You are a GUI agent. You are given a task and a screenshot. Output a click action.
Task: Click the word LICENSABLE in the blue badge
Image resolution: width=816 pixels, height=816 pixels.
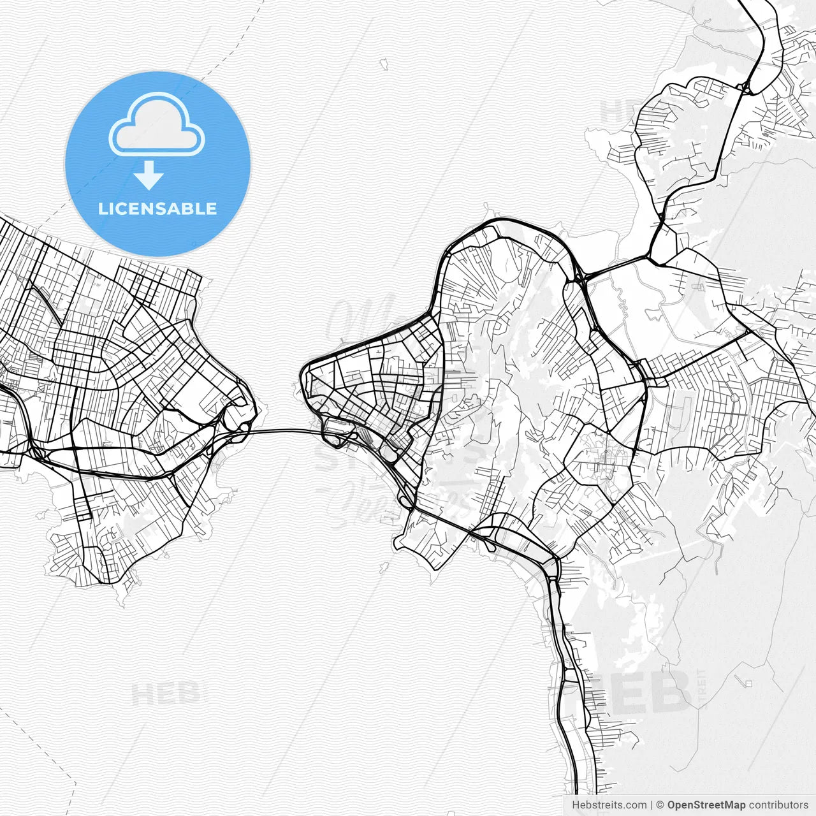click(157, 208)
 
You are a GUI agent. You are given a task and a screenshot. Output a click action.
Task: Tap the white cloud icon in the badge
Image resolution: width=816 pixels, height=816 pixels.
click(156, 125)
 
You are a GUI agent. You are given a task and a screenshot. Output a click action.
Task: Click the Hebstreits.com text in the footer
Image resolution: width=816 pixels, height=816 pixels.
click(609, 805)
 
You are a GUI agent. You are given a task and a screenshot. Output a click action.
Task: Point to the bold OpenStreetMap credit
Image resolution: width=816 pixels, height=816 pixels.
click(706, 805)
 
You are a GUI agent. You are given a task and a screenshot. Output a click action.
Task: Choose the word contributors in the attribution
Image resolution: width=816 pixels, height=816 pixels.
click(778, 805)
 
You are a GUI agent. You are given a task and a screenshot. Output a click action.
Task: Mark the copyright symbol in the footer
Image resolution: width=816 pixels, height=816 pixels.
click(660, 805)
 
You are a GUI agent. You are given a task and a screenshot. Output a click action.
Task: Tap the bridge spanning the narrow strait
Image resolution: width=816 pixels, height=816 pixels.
click(280, 431)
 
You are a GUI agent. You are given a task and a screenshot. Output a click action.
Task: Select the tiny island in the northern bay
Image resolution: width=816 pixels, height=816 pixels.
click(384, 64)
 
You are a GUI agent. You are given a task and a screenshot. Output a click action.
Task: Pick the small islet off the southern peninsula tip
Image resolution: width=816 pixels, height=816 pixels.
click(384, 566)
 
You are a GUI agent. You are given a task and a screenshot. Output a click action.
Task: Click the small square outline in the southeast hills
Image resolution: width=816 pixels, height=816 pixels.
click(748, 684)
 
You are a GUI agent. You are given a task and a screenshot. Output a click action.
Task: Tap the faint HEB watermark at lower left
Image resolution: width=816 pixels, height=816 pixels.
click(166, 694)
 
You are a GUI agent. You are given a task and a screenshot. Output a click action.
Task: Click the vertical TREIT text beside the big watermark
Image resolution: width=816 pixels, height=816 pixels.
click(703, 688)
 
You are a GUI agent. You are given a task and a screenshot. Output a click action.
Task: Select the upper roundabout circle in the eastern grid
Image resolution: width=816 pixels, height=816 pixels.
click(735, 398)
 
